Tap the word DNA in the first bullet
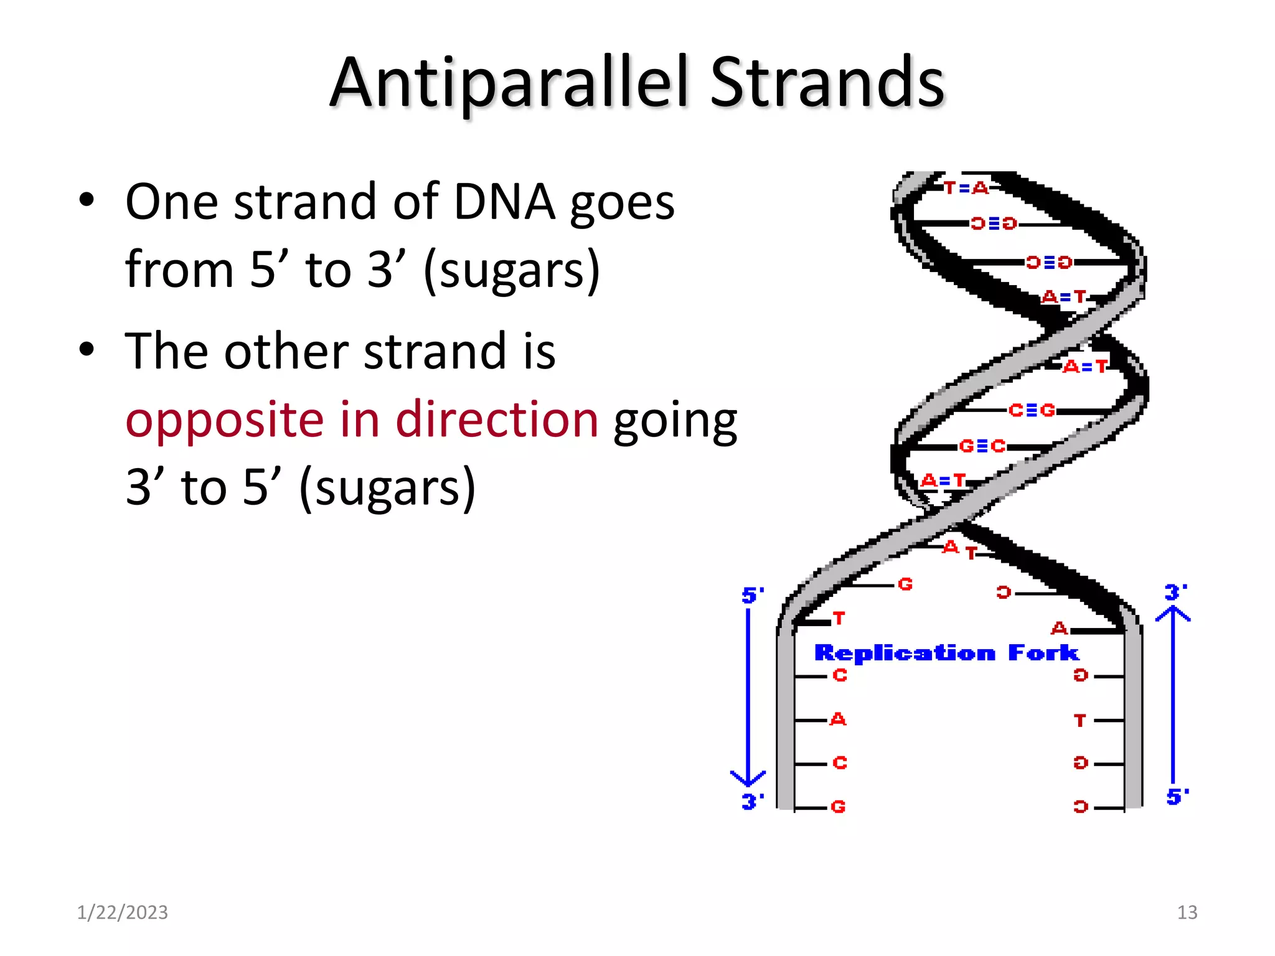(504, 202)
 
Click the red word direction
(497, 419)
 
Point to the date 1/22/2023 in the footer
(123, 912)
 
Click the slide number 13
(1187, 912)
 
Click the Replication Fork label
(946, 653)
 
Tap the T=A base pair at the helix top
(966, 187)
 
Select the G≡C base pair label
(982, 446)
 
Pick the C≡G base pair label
(1032, 410)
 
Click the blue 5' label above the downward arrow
(752, 595)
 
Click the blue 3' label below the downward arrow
(752, 801)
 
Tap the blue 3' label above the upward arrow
(1175, 591)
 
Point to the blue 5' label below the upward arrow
(1177, 796)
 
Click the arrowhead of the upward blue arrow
(1173, 613)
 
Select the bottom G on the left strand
(838, 807)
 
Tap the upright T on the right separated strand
(1080, 720)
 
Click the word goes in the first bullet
(622, 204)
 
